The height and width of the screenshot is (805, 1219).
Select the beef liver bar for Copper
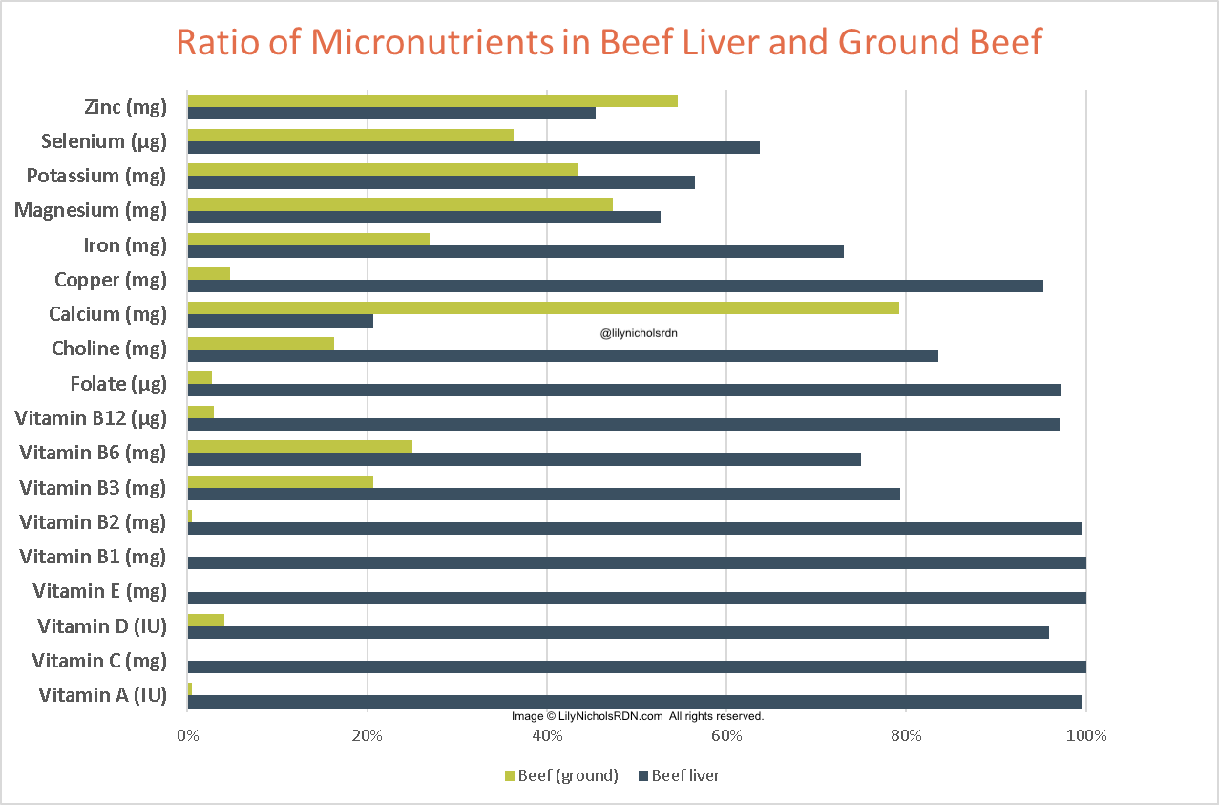click(615, 286)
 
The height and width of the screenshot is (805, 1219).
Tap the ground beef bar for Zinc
click(431, 100)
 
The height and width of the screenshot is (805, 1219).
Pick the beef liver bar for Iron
click(515, 251)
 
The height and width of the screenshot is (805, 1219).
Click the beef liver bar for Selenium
click(473, 147)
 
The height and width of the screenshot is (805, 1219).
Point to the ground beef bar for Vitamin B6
click(300, 446)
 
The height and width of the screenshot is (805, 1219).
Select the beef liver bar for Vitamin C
click(637, 667)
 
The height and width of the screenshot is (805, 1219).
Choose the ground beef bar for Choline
click(261, 343)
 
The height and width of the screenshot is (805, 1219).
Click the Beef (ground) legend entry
click(560, 775)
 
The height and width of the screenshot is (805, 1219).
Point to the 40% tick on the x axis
click(547, 736)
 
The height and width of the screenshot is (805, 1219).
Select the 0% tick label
click(187, 736)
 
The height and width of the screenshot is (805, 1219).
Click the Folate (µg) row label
click(118, 384)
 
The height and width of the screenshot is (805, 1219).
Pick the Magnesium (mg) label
click(90, 210)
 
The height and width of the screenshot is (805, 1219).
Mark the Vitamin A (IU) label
click(102, 695)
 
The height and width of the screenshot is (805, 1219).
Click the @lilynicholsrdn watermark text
click(639, 333)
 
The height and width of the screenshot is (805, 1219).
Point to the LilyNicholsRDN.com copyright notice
click(637, 715)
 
